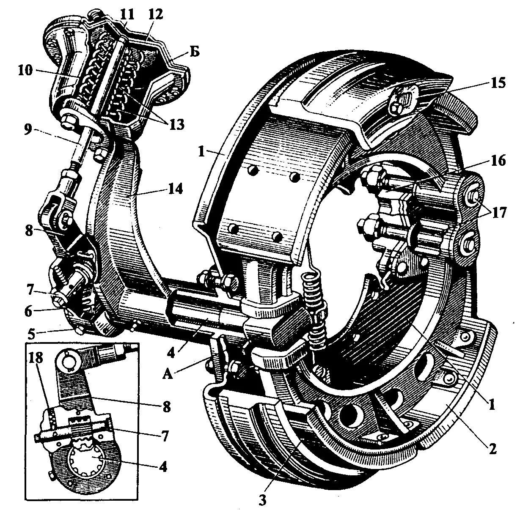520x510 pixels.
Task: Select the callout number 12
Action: coord(155,14)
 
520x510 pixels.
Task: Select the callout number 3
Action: coord(263,499)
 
